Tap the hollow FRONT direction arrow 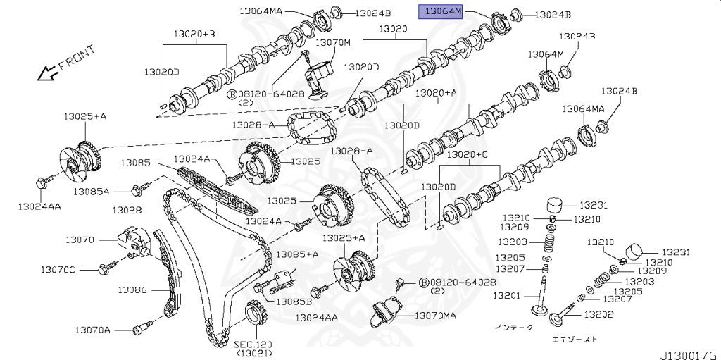point(46,71)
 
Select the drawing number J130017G point(687,353)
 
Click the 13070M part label point(332,42)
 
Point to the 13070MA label point(435,316)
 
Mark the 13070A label point(94,330)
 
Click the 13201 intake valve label point(510,295)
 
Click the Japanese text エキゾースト point(575,339)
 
